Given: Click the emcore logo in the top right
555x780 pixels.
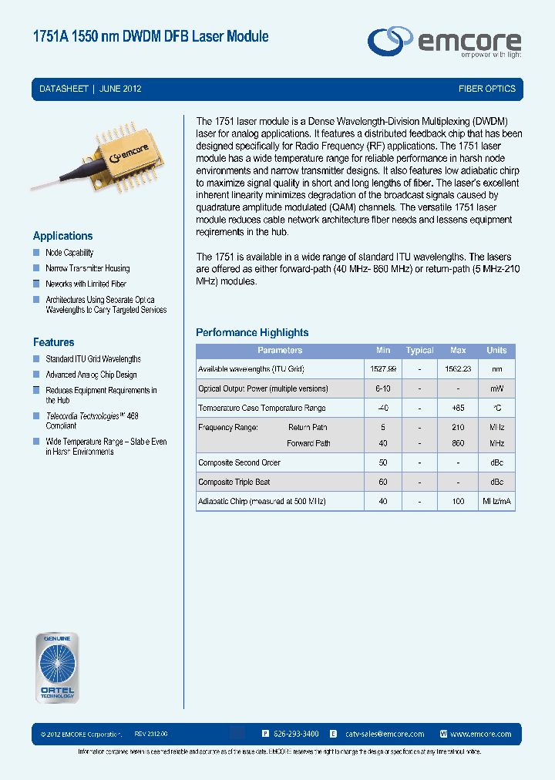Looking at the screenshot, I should pyautogui.click(x=443, y=42).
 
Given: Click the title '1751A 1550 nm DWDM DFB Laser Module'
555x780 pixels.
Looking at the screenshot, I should pyautogui.click(x=150, y=36).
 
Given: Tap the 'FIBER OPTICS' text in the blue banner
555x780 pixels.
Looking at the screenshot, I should pyautogui.click(x=486, y=89).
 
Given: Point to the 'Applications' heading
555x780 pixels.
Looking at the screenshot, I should pyautogui.click(x=62, y=236).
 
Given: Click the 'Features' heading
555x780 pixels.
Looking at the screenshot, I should pyautogui.click(x=53, y=342).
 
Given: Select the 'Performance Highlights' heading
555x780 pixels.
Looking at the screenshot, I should pyautogui.click(x=252, y=333).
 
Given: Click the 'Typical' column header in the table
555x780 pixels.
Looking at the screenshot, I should pyautogui.click(x=419, y=351).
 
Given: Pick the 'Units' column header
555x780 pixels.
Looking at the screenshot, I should pyautogui.click(x=496, y=351).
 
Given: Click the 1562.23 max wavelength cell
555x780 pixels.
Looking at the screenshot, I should pyautogui.click(x=458, y=369).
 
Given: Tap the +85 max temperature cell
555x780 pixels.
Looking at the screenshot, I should pyautogui.click(x=458, y=408).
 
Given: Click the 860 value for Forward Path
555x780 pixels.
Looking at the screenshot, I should pyautogui.click(x=458, y=443).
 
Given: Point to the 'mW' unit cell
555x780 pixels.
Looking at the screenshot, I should pyautogui.click(x=496, y=388).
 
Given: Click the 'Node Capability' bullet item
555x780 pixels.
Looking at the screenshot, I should pyautogui.click(x=69, y=253).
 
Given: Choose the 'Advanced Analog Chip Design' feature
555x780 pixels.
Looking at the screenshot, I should pyautogui.click(x=91, y=375).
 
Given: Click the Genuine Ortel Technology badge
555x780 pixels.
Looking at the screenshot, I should pyautogui.click(x=57, y=667).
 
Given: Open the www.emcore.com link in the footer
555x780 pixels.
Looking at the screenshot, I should pyautogui.click(x=480, y=735).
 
